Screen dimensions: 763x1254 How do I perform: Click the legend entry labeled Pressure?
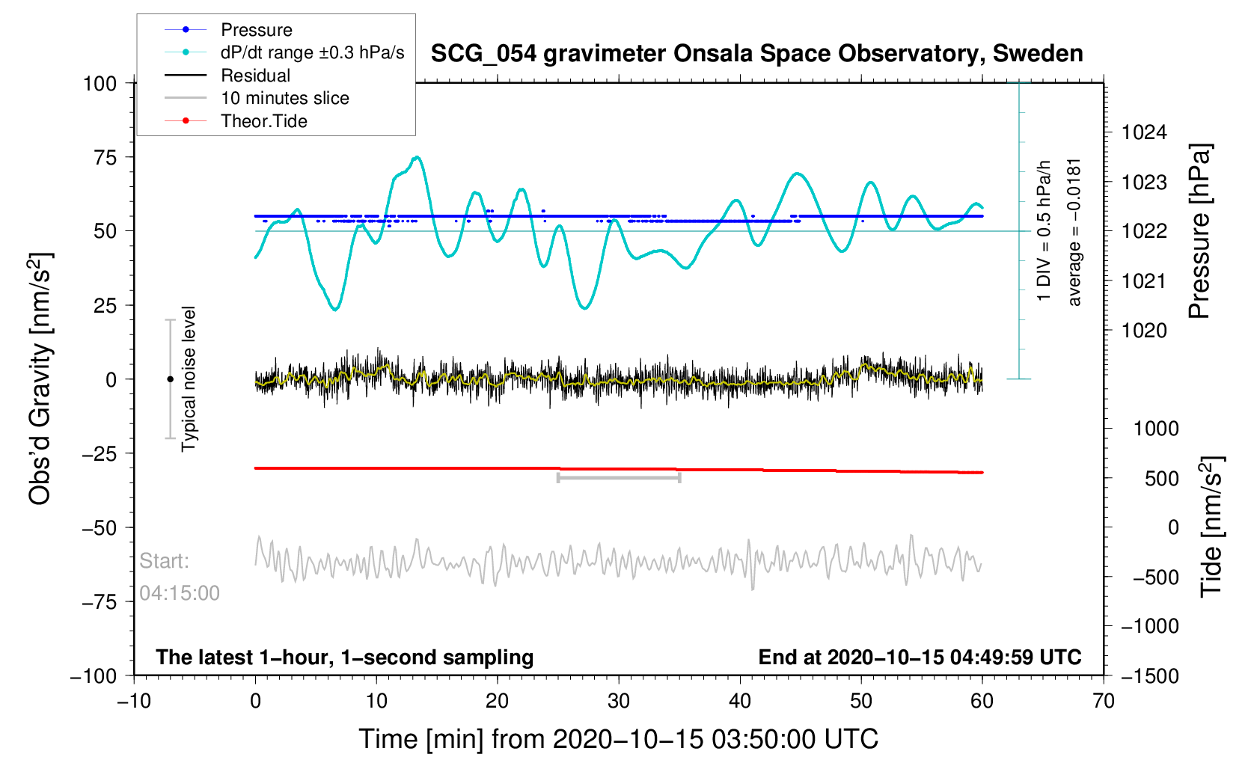[256, 30]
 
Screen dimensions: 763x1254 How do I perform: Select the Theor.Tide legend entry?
[263, 121]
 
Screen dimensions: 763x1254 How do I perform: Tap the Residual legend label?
[255, 76]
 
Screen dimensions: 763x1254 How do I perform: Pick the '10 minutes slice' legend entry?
[284, 98]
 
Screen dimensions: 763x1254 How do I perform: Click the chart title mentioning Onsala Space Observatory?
[756, 54]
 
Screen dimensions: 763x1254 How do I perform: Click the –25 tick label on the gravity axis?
[100, 453]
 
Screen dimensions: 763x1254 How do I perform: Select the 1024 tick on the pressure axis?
[1144, 133]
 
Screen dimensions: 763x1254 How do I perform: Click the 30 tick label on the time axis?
[619, 701]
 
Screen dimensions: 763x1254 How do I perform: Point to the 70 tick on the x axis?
[1103, 701]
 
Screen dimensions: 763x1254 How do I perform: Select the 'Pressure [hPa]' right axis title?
[1199, 231]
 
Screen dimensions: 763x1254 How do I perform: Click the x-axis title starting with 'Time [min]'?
[618, 739]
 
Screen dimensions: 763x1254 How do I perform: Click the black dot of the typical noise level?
[170, 379]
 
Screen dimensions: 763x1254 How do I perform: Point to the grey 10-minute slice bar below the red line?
[619, 477]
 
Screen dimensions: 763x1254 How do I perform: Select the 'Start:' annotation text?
[165, 561]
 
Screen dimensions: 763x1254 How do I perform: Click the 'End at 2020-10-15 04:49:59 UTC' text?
[920, 658]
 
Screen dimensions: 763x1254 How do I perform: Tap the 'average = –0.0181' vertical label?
[1074, 232]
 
